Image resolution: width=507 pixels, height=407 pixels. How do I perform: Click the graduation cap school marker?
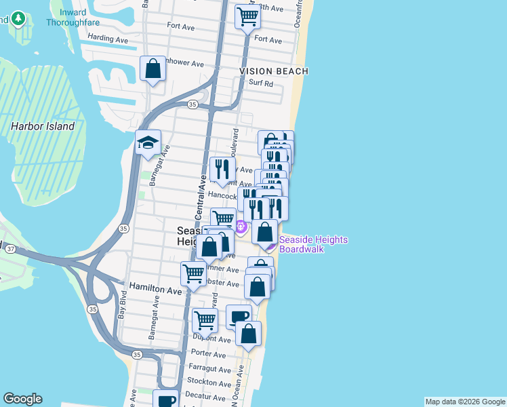(x=148, y=143)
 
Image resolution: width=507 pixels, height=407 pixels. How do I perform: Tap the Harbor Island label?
(x=43, y=126)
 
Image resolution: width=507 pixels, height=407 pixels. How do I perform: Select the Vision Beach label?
(x=273, y=71)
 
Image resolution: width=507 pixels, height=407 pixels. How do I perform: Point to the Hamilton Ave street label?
(x=156, y=290)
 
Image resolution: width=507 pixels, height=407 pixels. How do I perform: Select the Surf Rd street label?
(x=260, y=84)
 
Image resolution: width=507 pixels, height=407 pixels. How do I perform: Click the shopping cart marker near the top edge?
(x=248, y=16)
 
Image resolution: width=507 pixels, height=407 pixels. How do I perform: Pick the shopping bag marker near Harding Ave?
(x=153, y=69)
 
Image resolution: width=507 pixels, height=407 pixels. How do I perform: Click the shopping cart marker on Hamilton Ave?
(x=193, y=274)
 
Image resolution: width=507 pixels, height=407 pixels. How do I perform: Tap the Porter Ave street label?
(x=208, y=354)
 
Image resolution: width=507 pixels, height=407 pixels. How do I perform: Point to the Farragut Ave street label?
(x=207, y=369)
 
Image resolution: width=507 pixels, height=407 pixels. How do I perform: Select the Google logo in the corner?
(x=22, y=399)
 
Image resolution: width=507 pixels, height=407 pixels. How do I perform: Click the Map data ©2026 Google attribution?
(x=465, y=402)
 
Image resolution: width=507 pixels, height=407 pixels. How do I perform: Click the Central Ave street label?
(x=201, y=196)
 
